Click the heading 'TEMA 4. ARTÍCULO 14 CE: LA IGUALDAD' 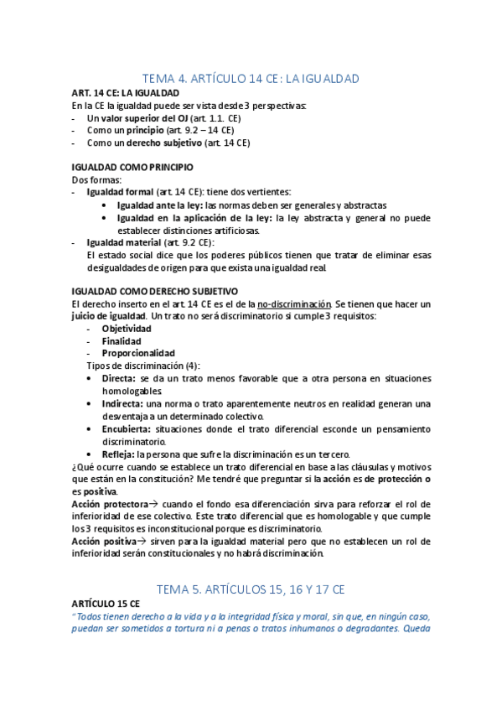[x=251, y=79]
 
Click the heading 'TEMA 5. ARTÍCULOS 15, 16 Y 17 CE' [x=251, y=589]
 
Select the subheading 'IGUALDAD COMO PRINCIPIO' [x=132, y=168]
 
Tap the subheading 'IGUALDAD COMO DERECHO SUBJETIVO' [x=155, y=290]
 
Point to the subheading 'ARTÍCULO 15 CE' [x=106, y=604]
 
